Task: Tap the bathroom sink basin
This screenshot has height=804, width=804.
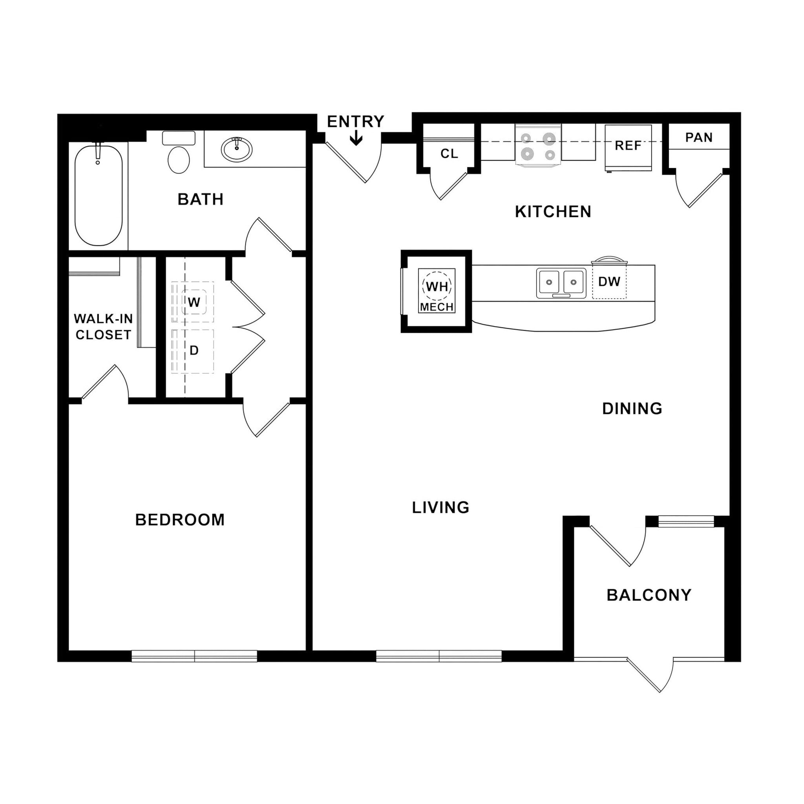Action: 236,149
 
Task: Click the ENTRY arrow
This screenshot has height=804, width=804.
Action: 356,138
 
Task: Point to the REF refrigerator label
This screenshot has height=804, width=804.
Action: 628,146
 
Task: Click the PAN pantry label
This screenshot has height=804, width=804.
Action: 699,137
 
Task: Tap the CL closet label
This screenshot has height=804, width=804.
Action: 449,154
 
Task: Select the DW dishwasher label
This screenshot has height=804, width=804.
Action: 609,282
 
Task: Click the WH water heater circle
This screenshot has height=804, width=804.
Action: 437,286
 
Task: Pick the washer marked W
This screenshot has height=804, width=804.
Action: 194,302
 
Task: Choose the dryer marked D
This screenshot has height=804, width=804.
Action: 194,351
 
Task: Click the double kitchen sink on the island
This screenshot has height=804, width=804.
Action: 561,283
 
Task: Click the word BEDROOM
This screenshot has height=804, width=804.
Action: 180,520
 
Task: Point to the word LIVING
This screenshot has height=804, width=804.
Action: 441,507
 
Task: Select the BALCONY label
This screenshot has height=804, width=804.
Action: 649,595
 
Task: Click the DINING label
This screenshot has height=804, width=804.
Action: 632,409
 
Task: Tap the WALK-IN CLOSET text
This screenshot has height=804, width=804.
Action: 103,327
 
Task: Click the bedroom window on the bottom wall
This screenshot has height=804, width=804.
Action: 194,656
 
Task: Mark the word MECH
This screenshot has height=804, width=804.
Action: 437,307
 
